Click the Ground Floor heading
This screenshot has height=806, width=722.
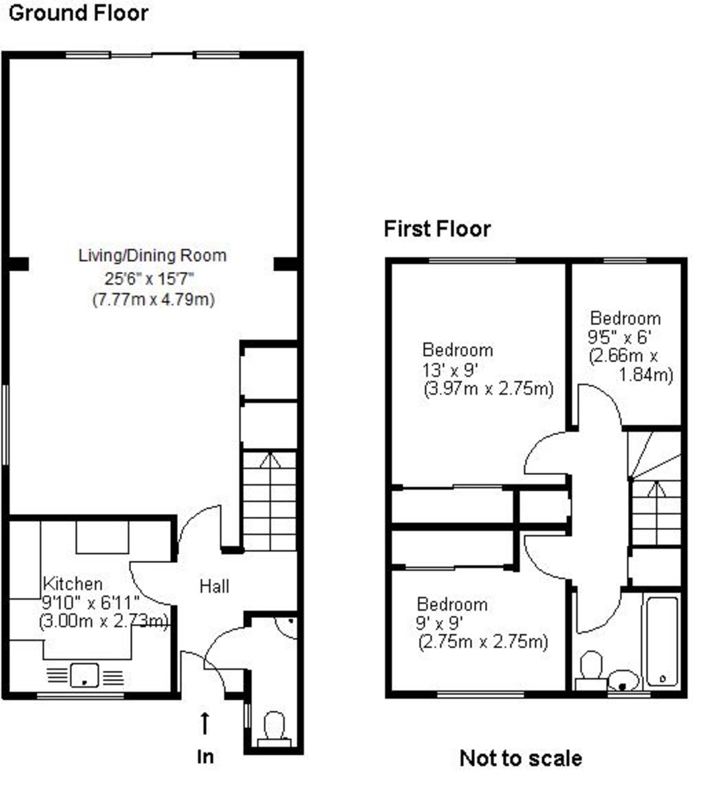tap(79, 13)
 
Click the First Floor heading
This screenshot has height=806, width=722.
tap(437, 229)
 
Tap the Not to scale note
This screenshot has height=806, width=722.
tap(521, 758)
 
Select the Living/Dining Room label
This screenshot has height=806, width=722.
tap(152, 255)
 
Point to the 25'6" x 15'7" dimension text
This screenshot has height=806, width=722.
tap(149, 279)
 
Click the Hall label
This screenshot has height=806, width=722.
tap(214, 586)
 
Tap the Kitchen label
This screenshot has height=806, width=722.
tap(73, 584)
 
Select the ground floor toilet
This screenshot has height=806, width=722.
tap(274, 729)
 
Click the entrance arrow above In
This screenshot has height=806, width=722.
tap(205, 723)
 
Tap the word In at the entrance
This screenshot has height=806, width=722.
tap(206, 757)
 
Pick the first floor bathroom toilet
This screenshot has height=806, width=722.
tap(591, 671)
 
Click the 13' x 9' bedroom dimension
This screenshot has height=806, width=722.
tap(449, 370)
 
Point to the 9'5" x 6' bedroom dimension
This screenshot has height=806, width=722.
tap(619, 337)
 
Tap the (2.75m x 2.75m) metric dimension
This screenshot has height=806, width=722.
tap(483, 641)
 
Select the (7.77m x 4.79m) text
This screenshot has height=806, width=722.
tap(154, 299)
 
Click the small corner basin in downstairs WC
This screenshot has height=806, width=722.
tap(287, 629)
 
